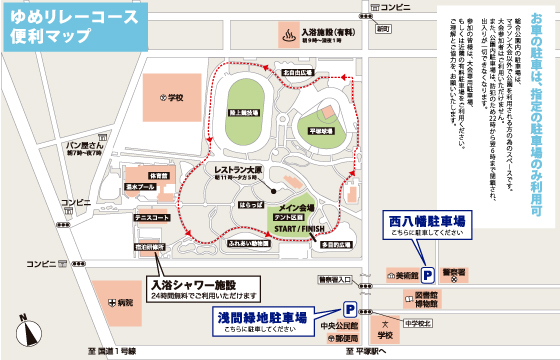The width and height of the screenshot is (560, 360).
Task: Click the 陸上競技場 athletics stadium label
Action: click(243, 115)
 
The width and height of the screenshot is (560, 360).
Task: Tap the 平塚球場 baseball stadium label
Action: click(320, 128)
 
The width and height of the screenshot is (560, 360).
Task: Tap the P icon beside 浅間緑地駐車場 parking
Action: click(351, 310)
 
